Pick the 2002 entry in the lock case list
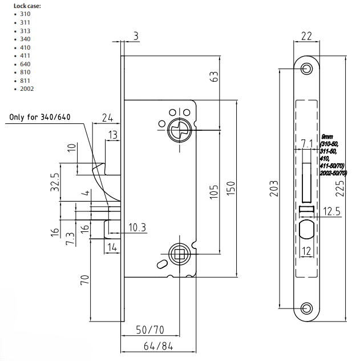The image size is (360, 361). tap(26, 89)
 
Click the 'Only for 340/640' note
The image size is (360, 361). tap(40, 118)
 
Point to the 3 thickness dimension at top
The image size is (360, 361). tap(135, 35)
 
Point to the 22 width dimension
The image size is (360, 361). tap(306, 35)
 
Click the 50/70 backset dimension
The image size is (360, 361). tap(149, 330)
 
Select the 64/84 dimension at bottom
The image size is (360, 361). tap(158, 346)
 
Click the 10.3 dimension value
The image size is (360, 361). tap(137, 228)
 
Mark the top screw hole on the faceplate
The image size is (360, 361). tap(307, 69)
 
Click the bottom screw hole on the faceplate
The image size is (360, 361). tap(307, 308)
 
